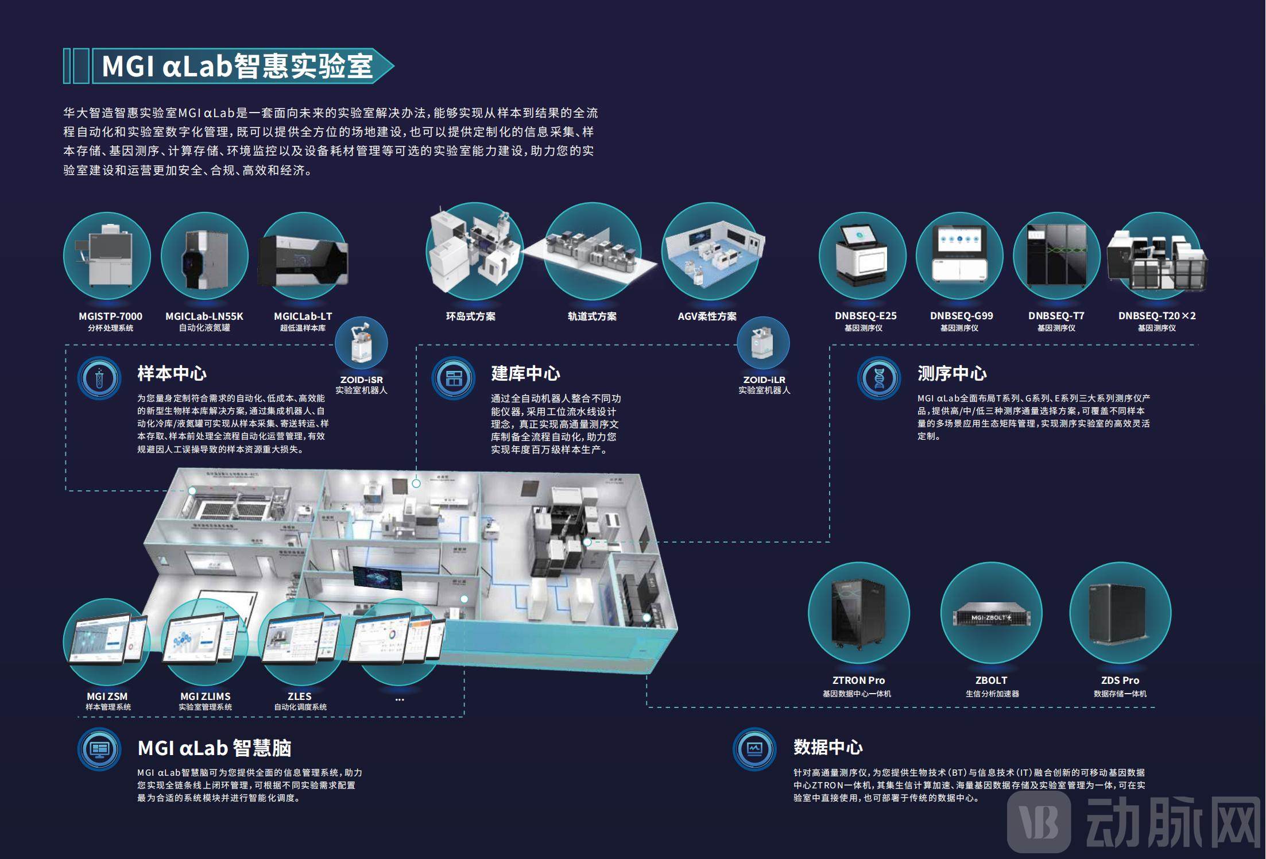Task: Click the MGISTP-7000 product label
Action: tap(110, 316)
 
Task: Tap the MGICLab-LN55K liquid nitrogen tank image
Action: tap(204, 256)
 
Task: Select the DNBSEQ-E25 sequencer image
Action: tap(862, 256)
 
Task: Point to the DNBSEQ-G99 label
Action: tap(961, 316)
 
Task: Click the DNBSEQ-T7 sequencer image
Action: tap(1056, 256)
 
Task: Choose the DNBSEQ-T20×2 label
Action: tap(1157, 316)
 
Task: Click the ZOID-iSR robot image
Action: tap(361, 343)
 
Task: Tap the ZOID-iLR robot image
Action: tap(764, 343)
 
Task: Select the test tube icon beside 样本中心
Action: tap(99, 378)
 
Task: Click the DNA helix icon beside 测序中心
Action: tap(879, 378)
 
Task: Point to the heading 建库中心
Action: tap(525, 374)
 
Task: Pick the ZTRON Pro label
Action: tap(858, 680)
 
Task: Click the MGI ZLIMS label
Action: tap(205, 697)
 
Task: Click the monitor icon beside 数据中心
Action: tap(754, 749)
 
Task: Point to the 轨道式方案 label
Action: tap(592, 316)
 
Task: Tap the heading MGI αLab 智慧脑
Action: tap(214, 748)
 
